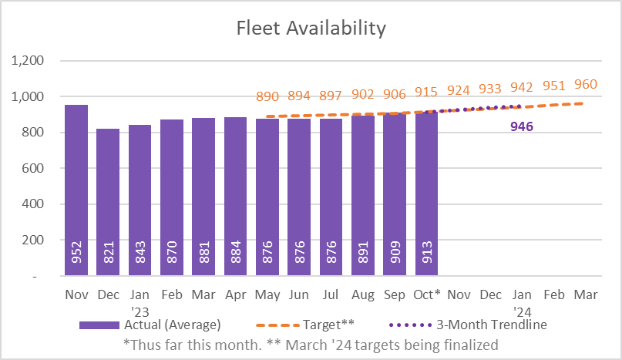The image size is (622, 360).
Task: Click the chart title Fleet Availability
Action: (311, 29)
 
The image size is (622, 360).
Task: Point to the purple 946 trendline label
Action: (523, 126)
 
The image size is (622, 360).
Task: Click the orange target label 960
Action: (586, 84)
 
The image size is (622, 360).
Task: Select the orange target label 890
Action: (267, 97)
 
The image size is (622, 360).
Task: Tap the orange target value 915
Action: (427, 92)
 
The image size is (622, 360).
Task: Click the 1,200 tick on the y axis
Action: (28, 61)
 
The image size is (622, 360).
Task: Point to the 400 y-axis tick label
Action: (33, 204)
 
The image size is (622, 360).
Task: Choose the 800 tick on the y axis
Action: (33, 133)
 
